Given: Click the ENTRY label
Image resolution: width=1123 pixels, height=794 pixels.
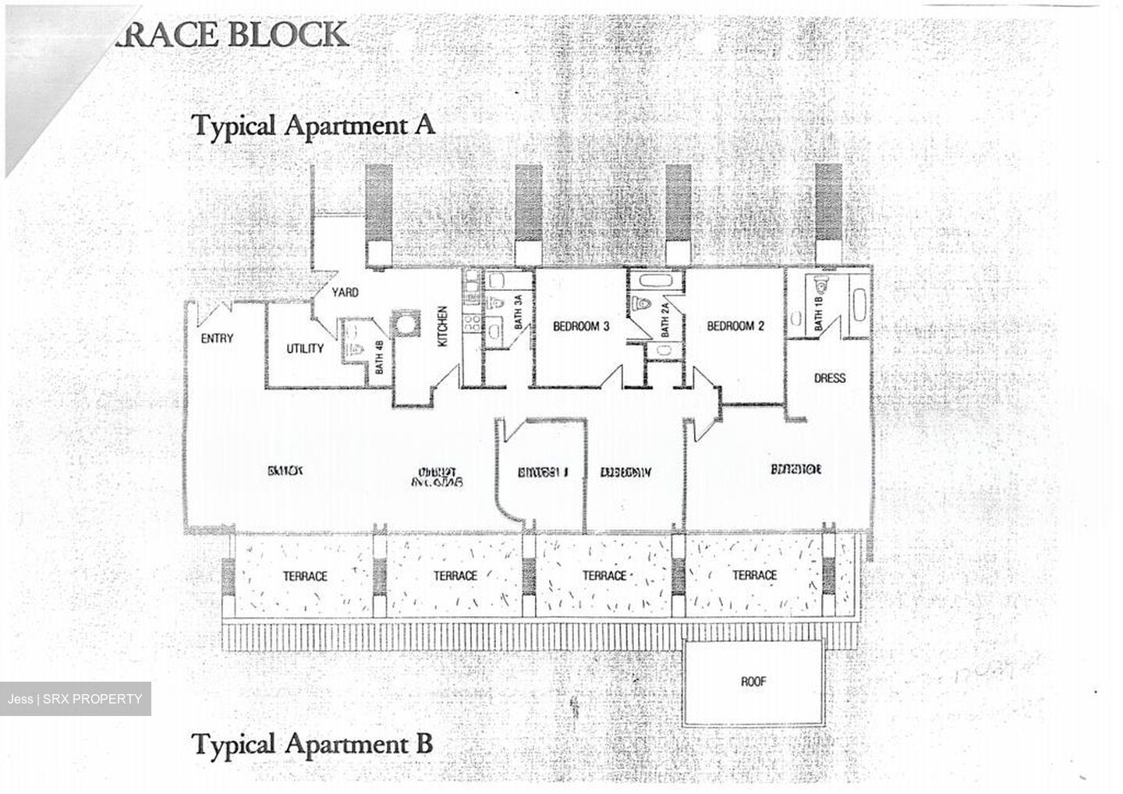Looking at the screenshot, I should (x=217, y=339).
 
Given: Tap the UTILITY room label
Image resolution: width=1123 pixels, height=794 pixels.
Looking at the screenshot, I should (x=304, y=348).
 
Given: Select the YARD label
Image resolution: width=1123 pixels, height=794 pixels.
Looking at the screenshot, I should (x=345, y=292).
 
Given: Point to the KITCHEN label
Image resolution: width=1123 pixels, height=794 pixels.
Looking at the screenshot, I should (x=442, y=326).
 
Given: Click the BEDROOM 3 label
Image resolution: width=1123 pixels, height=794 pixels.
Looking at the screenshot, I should (x=581, y=326).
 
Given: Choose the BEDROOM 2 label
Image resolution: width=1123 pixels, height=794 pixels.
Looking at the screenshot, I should (x=735, y=326).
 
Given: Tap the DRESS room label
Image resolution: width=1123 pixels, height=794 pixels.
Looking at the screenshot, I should (x=829, y=378).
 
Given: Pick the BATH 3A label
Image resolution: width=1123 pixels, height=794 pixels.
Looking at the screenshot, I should (x=519, y=317).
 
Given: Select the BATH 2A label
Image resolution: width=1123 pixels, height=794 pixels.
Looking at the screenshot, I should (x=664, y=321).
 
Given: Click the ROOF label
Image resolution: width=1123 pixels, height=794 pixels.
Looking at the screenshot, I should (x=753, y=682).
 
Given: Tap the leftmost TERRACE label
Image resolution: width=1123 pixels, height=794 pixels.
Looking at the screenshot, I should (x=305, y=576).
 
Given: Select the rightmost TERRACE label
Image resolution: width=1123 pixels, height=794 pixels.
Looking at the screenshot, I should (x=754, y=576).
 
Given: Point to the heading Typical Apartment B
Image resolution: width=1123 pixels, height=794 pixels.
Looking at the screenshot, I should (x=312, y=743).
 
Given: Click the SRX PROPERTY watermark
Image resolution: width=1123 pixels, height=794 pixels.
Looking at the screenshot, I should (x=76, y=699).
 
